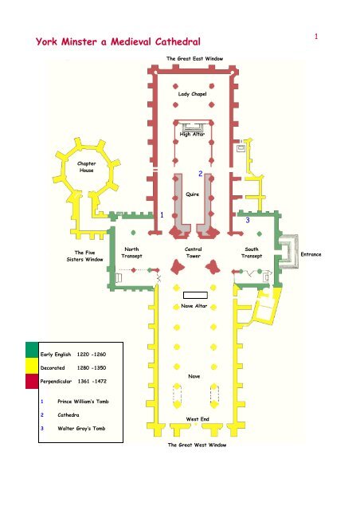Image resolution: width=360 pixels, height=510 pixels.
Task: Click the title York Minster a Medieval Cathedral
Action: [x=118, y=41]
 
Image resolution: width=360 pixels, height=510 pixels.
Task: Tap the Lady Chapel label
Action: [x=192, y=94]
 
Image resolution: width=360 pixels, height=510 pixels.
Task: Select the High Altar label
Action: [x=192, y=134]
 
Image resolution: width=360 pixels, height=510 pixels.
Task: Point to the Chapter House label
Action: [x=87, y=167]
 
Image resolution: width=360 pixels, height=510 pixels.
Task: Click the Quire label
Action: [x=192, y=194]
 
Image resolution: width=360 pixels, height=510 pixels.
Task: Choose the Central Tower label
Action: [x=194, y=253]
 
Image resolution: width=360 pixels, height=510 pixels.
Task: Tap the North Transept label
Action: [x=131, y=253]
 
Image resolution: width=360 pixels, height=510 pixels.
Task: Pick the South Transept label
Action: [x=252, y=253]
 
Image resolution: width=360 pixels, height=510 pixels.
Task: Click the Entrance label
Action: [x=311, y=254]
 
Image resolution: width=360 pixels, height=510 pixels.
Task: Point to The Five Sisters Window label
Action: [x=85, y=256]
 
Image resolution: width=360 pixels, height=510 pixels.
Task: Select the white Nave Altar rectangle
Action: [x=195, y=295]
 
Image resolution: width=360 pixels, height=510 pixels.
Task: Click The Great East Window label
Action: [x=195, y=58]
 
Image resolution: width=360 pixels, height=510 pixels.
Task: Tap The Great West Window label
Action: [x=197, y=445]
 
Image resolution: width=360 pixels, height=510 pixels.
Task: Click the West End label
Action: [x=198, y=419]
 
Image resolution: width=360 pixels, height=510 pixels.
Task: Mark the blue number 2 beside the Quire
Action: [x=201, y=174]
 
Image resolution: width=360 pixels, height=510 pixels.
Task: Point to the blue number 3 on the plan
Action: [x=248, y=220]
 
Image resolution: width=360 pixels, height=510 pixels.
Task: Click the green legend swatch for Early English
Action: [x=32, y=350]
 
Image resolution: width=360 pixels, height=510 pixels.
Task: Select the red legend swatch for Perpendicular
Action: [x=32, y=381]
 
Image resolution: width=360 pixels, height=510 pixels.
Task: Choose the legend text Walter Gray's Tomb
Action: [x=81, y=429]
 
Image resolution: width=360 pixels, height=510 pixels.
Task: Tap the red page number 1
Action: [x=315, y=37]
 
